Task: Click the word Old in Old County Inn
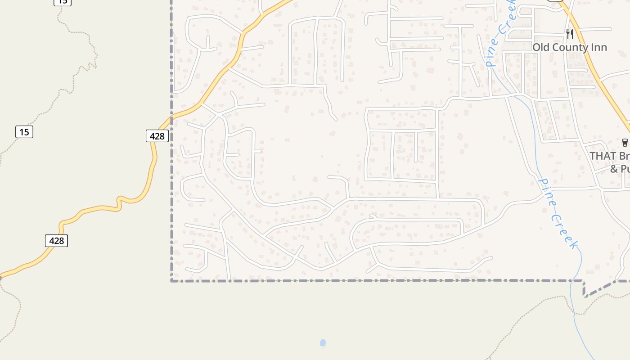click(541, 47)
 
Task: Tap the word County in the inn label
click(569, 47)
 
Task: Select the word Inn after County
click(598, 47)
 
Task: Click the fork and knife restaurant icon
click(570, 34)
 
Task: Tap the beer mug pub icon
click(625, 143)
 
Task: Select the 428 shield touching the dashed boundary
click(157, 135)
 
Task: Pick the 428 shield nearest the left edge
click(56, 241)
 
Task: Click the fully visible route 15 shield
click(24, 132)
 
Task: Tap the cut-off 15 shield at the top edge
click(62, 2)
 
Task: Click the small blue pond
click(323, 343)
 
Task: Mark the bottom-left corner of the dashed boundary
click(171, 281)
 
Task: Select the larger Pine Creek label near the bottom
click(558, 214)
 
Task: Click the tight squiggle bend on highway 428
click(120, 202)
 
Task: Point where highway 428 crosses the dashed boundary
click(171, 118)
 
